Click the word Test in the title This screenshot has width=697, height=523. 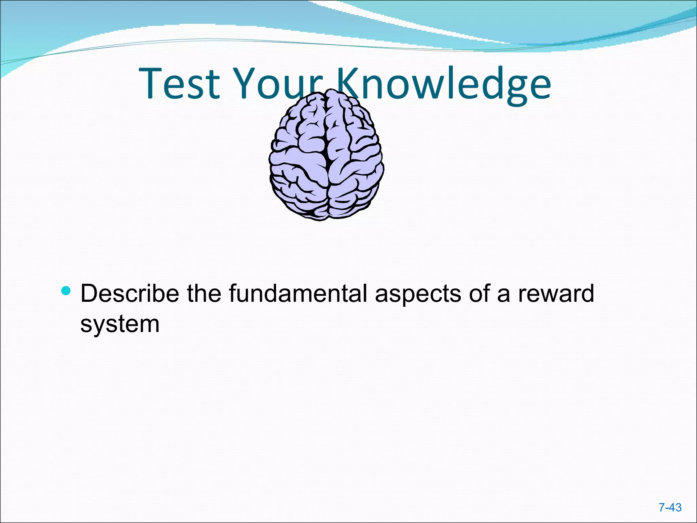[179, 83]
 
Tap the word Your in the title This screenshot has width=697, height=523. [277, 83]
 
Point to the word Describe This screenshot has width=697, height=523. [129, 294]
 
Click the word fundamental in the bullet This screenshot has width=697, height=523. [298, 294]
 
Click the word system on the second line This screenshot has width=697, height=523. [120, 324]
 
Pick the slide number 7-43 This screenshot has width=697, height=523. [670, 507]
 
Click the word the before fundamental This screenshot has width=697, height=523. [204, 294]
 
